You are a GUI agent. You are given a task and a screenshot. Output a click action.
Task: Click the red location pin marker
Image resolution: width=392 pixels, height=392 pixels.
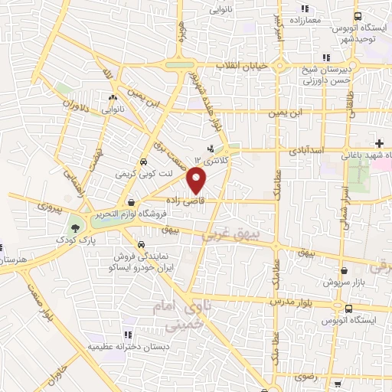(198, 181)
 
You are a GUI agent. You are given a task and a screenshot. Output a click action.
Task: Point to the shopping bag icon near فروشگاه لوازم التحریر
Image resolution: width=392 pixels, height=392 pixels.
(133, 203)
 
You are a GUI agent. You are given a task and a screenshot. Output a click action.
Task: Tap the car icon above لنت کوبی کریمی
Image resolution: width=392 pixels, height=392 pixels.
(144, 162)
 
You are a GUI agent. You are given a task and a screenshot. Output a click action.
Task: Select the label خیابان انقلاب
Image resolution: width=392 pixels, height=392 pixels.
(244, 66)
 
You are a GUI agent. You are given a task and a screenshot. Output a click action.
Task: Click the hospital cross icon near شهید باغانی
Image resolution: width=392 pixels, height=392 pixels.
(379, 143)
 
